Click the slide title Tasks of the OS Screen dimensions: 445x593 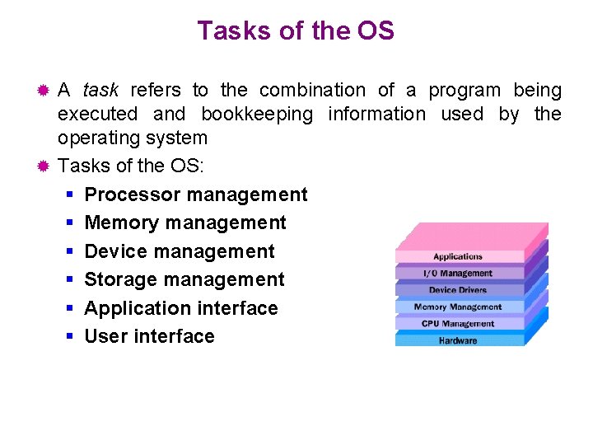pyautogui.click(x=296, y=31)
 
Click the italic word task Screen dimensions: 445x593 pyautogui.click(x=100, y=90)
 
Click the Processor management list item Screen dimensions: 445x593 pyautogui.click(x=195, y=194)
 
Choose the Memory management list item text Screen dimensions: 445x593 pyautogui.click(x=185, y=222)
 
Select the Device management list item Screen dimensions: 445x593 pyautogui.click(x=180, y=251)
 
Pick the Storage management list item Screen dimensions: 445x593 pyautogui.click(x=184, y=279)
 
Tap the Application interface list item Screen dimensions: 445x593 pyautogui.click(x=181, y=308)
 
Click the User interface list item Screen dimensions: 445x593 pyautogui.click(x=149, y=336)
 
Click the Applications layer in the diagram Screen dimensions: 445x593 pyautogui.click(x=458, y=256)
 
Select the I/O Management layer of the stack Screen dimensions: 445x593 pyautogui.click(x=458, y=274)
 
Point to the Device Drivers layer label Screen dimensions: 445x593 pyautogui.click(x=458, y=290)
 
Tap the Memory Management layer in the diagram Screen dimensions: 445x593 pyautogui.click(x=458, y=307)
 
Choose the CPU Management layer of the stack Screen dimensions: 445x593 pyautogui.click(x=458, y=324)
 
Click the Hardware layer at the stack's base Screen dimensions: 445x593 pyautogui.click(x=458, y=340)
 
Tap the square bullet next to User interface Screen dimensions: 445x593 pyautogui.click(x=70, y=336)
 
